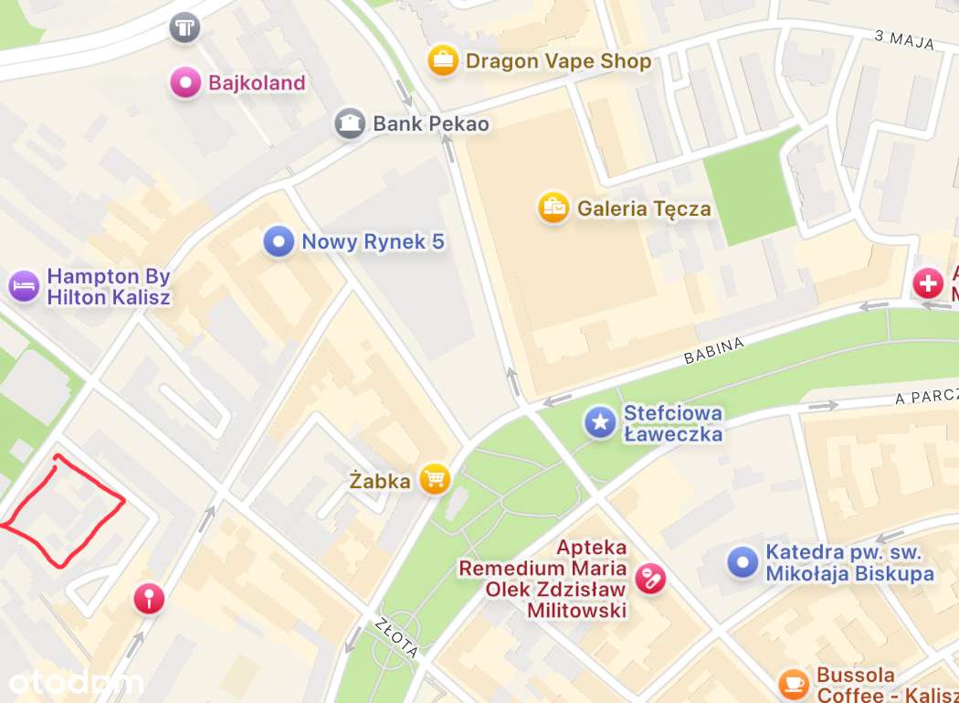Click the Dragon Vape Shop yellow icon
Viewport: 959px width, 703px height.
click(443, 61)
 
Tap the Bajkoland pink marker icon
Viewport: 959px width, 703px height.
click(185, 83)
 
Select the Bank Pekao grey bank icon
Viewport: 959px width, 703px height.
click(350, 123)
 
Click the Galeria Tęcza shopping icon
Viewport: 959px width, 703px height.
click(553, 208)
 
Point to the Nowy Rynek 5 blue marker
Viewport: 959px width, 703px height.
click(279, 242)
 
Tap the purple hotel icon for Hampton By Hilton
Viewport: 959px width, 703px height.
click(24, 285)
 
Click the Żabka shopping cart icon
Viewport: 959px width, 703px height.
click(435, 479)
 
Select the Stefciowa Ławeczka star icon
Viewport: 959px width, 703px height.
click(600, 422)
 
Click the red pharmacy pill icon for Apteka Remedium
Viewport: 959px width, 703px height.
click(650, 579)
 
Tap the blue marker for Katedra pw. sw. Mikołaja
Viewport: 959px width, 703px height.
click(743, 562)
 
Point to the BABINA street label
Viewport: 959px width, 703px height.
click(714, 349)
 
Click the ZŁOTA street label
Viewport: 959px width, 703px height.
click(396, 638)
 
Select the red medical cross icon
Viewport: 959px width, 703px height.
click(928, 283)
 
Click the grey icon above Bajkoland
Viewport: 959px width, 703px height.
click(184, 27)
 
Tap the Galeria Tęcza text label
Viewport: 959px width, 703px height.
click(644, 209)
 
